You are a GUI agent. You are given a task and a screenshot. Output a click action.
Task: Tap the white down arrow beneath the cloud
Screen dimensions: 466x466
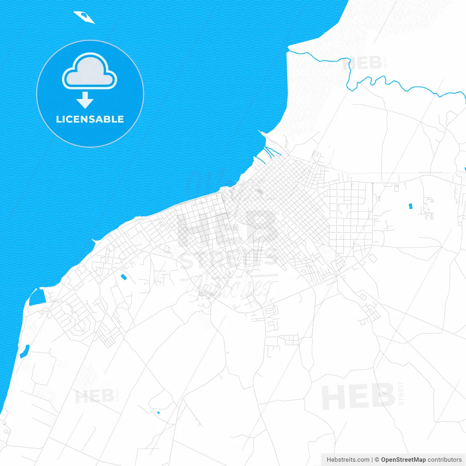point(85,100)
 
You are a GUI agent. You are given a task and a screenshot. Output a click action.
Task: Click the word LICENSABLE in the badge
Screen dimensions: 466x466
point(90,119)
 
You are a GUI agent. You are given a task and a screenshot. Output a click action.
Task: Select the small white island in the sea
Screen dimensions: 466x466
point(84,16)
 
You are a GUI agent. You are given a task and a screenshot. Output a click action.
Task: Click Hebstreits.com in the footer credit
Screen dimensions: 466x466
point(348,459)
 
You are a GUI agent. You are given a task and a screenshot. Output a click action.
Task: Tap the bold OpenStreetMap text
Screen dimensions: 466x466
point(403,459)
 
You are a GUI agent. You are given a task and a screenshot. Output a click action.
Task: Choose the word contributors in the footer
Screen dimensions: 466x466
point(445,459)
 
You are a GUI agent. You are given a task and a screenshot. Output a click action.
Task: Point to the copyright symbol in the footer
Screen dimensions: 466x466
point(377,459)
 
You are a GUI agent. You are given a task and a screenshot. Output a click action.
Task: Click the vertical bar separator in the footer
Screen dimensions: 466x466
point(372,459)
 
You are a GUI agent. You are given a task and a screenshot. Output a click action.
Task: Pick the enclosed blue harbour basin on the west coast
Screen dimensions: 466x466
point(36,298)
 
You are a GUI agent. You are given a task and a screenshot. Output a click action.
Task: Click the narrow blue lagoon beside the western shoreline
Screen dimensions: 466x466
point(24,351)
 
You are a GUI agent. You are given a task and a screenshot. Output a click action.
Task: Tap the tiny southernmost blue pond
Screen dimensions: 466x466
point(158,412)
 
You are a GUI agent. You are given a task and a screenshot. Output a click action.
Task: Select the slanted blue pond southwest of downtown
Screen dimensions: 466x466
point(123,277)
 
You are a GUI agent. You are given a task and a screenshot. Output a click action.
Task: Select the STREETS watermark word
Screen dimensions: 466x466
point(228,259)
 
